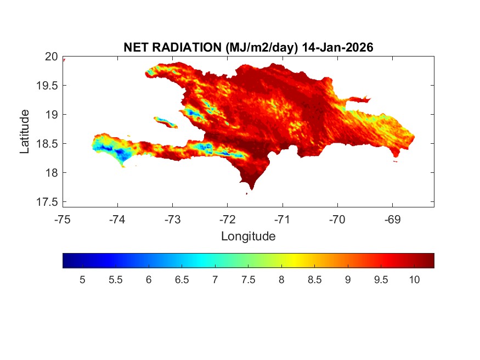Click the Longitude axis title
tap(248, 237)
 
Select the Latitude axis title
tap(25, 131)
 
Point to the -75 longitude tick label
tap(63, 220)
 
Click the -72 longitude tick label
tap(228, 220)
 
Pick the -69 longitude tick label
tap(392, 220)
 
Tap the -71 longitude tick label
tap(283, 220)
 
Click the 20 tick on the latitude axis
tap(51, 57)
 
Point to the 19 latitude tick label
tap(51, 115)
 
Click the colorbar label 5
tap(82, 280)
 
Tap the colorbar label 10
tap(414, 280)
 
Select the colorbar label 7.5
tap(248, 280)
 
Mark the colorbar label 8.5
tap(314, 280)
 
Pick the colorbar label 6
tap(149, 280)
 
